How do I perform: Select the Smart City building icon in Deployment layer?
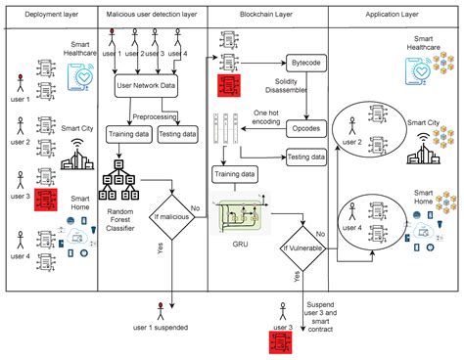[74, 155]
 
